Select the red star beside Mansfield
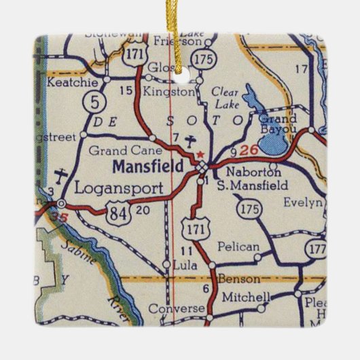tap(200, 154)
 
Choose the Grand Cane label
tap(118, 150)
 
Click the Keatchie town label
tap(73, 81)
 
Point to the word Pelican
tap(239, 247)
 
